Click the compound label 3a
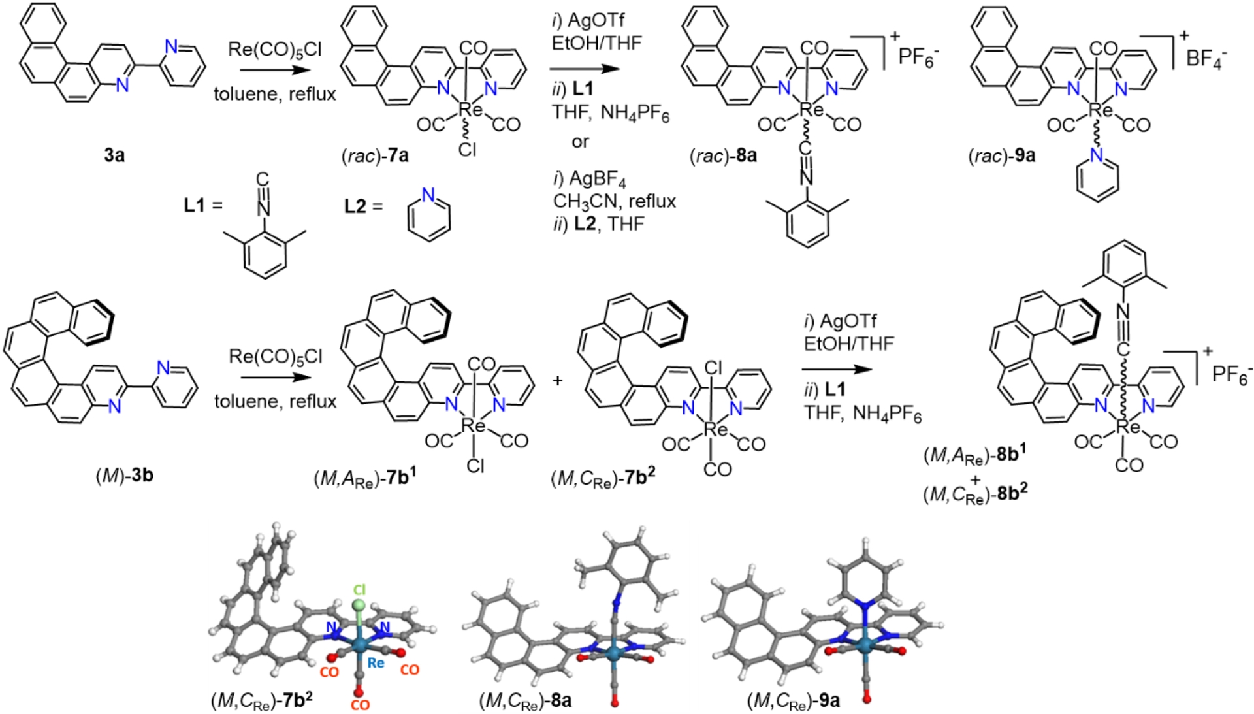pos(114,155)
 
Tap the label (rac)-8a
pos(723,155)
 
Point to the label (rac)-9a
pos(1001,155)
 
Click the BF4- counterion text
pos(1206,57)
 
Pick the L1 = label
pos(203,205)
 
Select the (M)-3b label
pos(124,475)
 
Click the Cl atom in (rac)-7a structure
pos(468,150)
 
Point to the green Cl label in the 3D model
pos(359,590)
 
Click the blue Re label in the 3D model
pos(376,662)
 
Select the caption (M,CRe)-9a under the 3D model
pos(793,700)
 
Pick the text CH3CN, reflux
pos(614,201)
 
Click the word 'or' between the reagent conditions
pos(580,142)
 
